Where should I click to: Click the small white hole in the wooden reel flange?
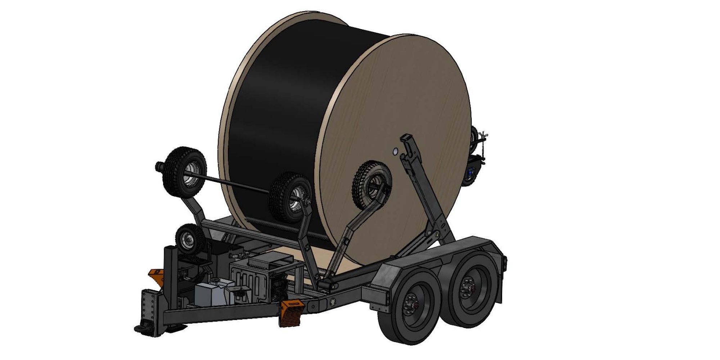pyautogui.click(x=395, y=152)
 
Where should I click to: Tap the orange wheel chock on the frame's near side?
pyautogui.click(x=291, y=313)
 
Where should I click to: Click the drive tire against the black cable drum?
pyautogui.click(x=290, y=197)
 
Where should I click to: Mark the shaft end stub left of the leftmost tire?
pyautogui.click(x=159, y=166)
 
